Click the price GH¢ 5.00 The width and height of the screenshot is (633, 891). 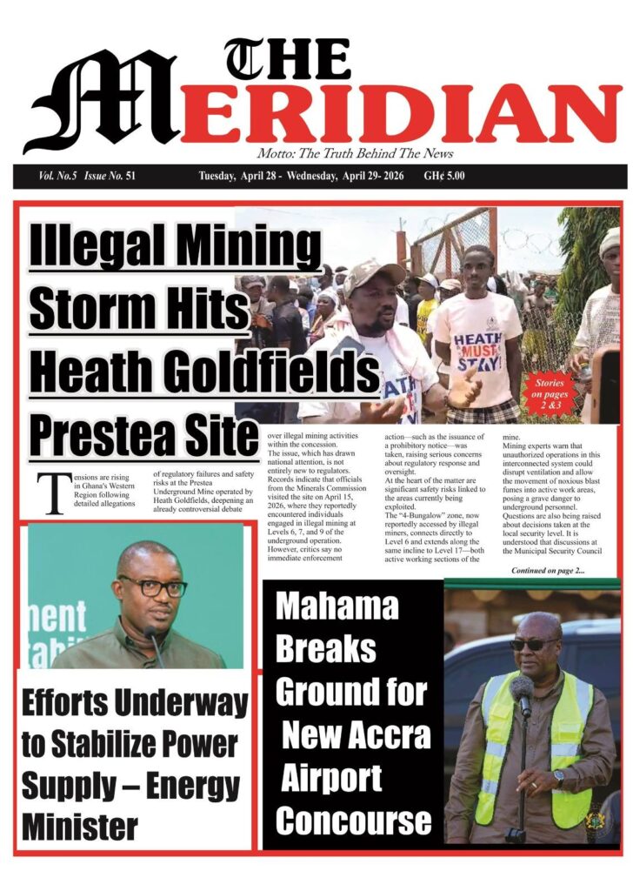[444, 176]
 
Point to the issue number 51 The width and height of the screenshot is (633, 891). [130, 176]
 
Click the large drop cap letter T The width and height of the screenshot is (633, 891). [55, 494]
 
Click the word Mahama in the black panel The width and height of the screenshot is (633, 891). [336, 607]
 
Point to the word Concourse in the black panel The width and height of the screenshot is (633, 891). [352, 821]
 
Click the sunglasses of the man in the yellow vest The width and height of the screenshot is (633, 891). [533, 645]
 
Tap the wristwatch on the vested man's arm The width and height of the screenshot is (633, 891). [557, 775]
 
